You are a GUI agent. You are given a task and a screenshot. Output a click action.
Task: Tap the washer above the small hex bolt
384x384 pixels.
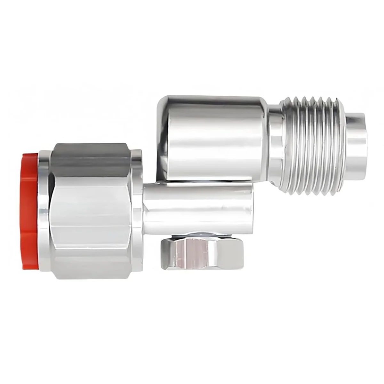(202, 235)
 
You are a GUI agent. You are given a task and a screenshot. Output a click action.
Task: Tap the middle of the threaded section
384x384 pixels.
(314, 147)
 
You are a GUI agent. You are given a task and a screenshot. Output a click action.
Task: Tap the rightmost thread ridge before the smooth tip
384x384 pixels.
(339, 147)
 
